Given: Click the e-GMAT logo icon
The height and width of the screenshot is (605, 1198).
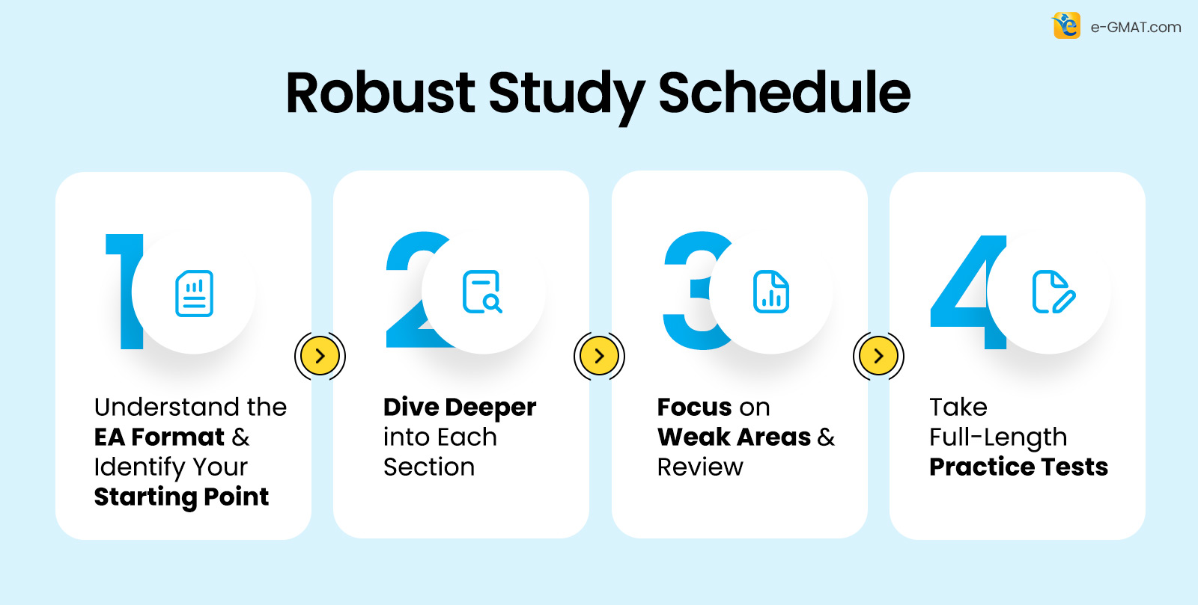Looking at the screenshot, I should pos(1066,26).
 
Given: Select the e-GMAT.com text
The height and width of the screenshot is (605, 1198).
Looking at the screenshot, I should pos(1136,28).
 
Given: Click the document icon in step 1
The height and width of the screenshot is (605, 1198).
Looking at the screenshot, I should pos(195,293).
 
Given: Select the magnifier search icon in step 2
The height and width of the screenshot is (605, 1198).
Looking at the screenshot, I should pos(482,292).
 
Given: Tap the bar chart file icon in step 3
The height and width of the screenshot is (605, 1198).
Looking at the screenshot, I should pos(771,292).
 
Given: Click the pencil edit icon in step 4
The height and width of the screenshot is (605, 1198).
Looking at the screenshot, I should pos(1053,292).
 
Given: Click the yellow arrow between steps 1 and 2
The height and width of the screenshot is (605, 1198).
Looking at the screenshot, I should pos(320,356).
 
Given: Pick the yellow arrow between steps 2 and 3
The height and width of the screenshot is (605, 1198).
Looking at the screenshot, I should pos(599,356).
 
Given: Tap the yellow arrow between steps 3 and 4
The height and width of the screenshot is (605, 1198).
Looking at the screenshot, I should pos(878,356).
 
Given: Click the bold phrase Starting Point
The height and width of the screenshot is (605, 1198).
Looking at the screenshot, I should pos(181,497).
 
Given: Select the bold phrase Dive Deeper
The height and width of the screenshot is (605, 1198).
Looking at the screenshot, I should pos(460,408).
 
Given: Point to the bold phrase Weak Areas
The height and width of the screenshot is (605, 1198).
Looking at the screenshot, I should pos(734,437).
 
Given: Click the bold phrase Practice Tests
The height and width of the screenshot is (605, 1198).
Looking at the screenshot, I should pos(1018,467).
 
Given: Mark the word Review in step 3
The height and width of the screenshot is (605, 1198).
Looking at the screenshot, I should pos(700,467).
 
